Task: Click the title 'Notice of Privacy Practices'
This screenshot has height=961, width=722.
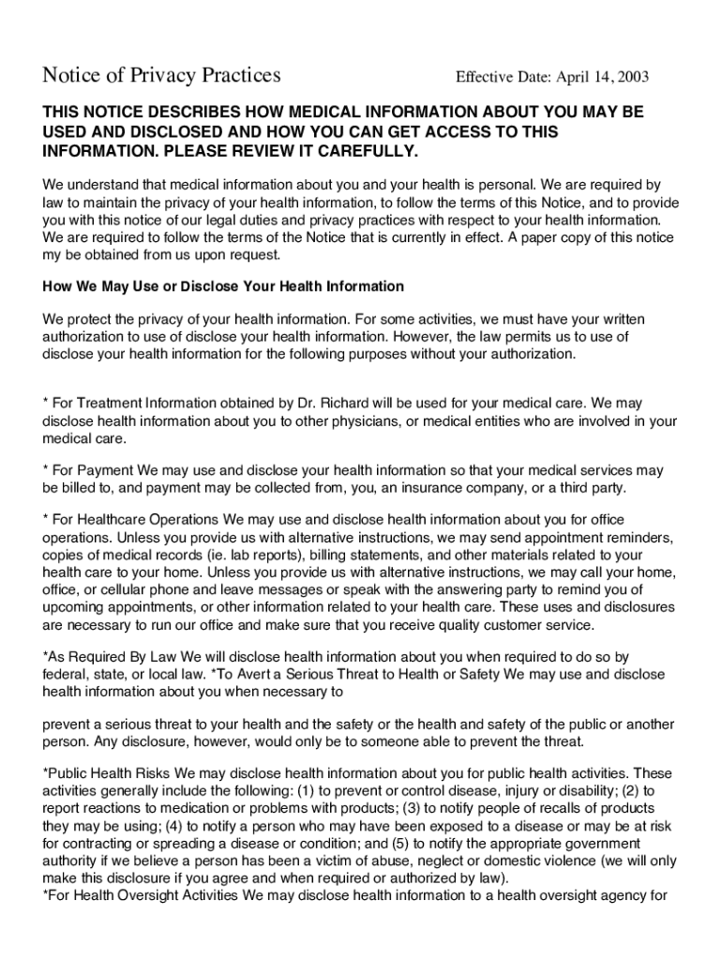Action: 161,75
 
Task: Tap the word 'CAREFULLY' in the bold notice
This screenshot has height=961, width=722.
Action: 365,152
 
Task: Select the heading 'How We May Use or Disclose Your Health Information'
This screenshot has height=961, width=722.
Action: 223,286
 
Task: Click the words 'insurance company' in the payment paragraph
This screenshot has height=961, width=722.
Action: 474,488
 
